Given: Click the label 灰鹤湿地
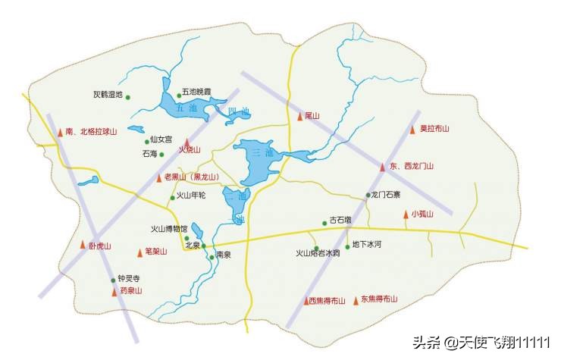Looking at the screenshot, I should tap(108, 95).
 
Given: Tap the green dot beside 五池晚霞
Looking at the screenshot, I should tap(180, 95).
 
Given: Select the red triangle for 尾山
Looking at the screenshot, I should tap(300, 116).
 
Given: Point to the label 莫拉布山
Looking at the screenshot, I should tap(435, 129).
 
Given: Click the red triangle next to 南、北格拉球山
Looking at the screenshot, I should tap(61, 132).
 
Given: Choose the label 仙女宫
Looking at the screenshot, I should tap(161, 139).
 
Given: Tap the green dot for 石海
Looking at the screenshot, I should tap(161, 154).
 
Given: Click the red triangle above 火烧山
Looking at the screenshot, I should tap(186, 141).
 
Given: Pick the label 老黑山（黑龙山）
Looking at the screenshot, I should tap(191, 177).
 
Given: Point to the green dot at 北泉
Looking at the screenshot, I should tap(203, 246).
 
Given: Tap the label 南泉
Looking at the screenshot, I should tap(223, 255).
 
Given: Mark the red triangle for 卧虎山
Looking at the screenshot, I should tap(83, 245).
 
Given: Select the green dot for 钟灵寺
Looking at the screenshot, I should tap(113, 280).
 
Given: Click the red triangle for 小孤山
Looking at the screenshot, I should tap(406, 214).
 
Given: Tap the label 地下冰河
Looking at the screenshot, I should tap(366, 246).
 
